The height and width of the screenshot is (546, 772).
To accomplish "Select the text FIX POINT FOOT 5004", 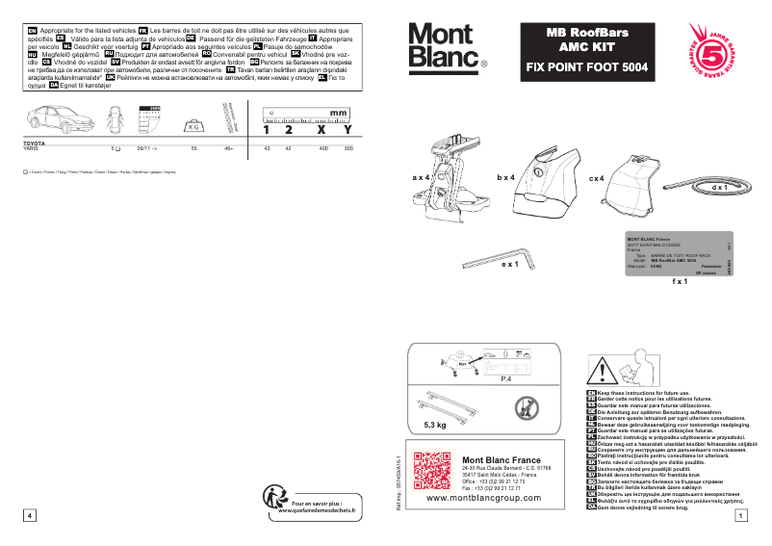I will [586, 67].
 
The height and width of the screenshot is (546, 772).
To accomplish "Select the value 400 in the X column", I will [323, 149].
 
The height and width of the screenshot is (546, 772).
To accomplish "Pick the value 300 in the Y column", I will [347, 149].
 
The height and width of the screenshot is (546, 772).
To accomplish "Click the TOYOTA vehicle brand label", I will [34, 143].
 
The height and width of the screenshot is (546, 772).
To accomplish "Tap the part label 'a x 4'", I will [421, 178].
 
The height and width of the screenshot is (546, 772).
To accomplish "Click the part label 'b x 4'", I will [506, 178].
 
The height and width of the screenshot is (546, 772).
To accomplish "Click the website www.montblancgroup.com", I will [483, 499].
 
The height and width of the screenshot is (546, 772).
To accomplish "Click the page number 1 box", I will [739, 516].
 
